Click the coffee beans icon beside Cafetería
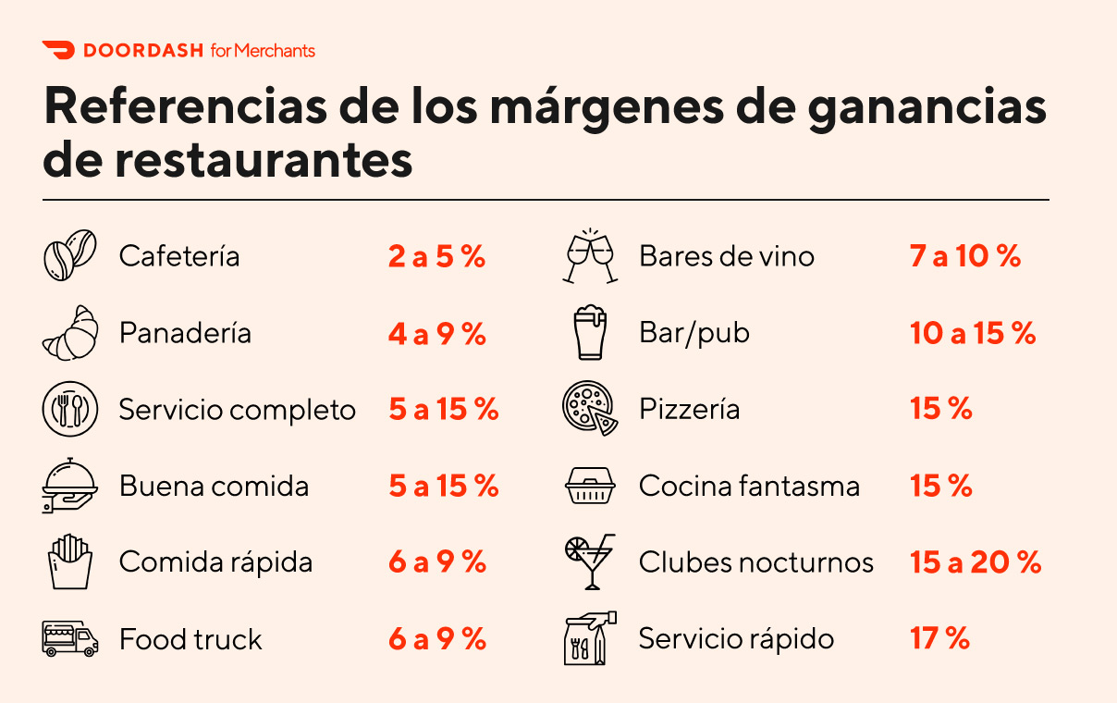pyautogui.click(x=70, y=255)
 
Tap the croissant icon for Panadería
pyautogui.click(x=70, y=333)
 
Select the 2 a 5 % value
pyautogui.click(x=436, y=256)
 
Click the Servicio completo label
pyautogui.click(x=237, y=410)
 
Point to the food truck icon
pyautogui.click(x=70, y=639)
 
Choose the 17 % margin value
pyautogui.click(x=939, y=638)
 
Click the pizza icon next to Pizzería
pyautogui.click(x=590, y=410)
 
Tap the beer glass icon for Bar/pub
pyautogui.click(x=590, y=333)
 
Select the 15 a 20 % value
pyautogui.click(x=976, y=562)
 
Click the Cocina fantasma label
pyautogui.click(x=749, y=486)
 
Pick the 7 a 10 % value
pyautogui.click(x=965, y=256)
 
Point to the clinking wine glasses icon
pyautogui.click(x=590, y=255)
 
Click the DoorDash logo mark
pyautogui.click(x=57, y=51)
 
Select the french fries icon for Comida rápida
pyautogui.click(x=70, y=562)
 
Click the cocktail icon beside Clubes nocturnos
pyautogui.click(x=590, y=561)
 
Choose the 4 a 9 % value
pyautogui.click(x=436, y=333)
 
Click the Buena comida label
pyautogui.click(x=214, y=486)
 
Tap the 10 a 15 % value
pyautogui.click(x=973, y=333)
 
